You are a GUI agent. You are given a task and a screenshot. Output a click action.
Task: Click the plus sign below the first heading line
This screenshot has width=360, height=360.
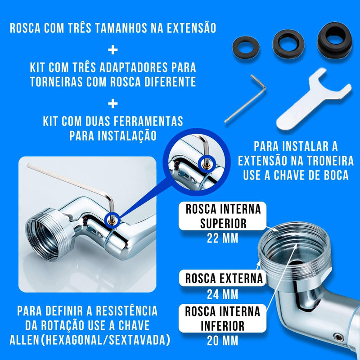pyautogui.click(x=113, y=49)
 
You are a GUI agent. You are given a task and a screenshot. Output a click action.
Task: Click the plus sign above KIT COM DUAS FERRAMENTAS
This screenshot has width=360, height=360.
pyautogui.click(x=113, y=103)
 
